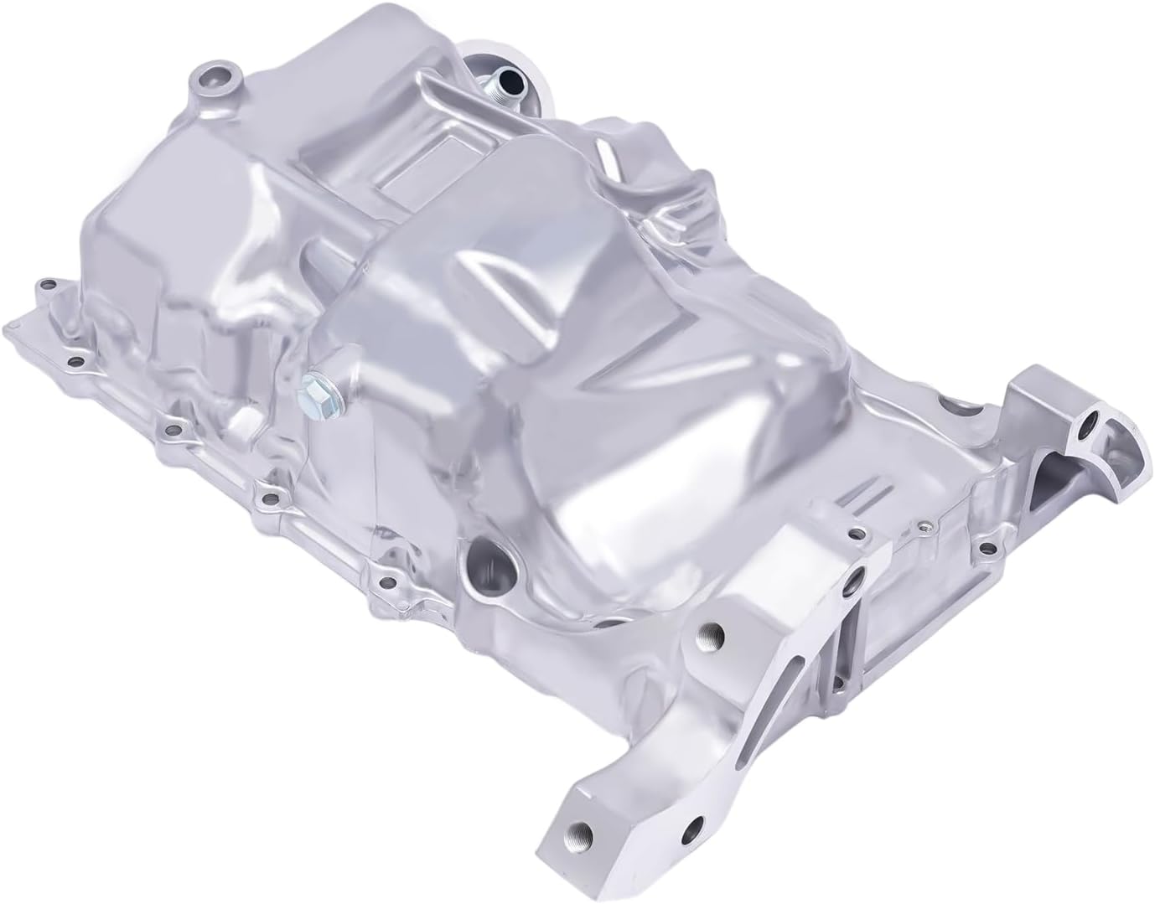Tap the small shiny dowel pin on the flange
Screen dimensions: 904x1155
pos(925,526)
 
